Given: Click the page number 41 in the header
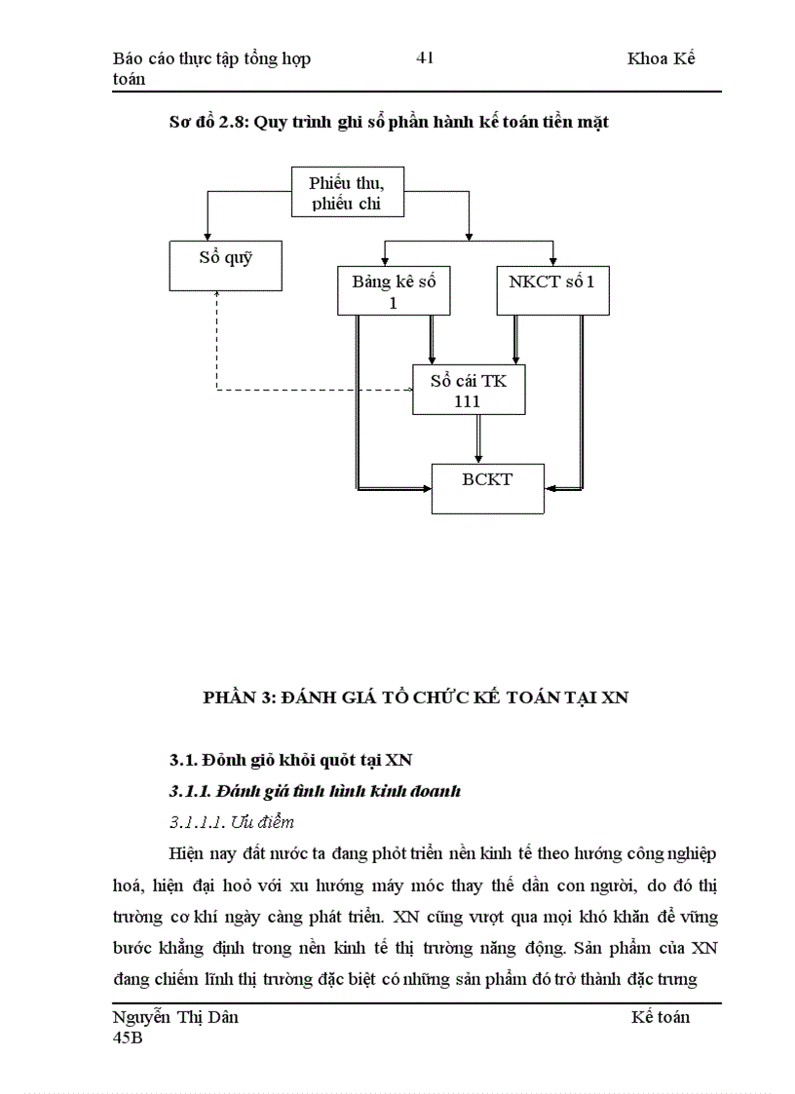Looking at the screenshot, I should [x=425, y=58].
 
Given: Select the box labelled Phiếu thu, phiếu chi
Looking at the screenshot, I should [x=348, y=192].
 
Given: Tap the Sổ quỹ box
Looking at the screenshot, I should [x=226, y=265].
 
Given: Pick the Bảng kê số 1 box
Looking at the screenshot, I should [x=394, y=290].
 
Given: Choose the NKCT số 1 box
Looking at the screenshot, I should [x=552, y=289].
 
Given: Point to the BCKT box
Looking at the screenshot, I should [x=487, y=486].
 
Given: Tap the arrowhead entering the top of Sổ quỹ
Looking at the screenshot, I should [x=207, y=235].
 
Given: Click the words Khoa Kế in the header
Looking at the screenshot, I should [x=662, y=58].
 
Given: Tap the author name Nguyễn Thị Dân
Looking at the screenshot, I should [x=176, y=1017].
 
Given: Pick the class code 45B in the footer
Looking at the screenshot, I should [x=129, y=1037].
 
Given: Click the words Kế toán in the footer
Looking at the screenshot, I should [x=660, y=1017].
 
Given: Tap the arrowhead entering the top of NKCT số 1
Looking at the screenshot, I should [x=553, y=259].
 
